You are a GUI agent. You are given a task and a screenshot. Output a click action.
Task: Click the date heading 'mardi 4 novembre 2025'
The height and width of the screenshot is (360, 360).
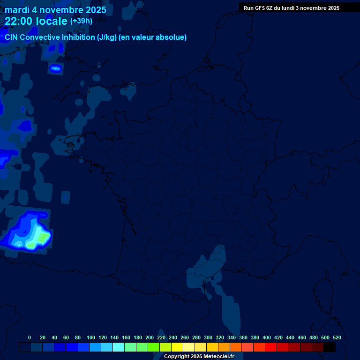(x=55, y=10)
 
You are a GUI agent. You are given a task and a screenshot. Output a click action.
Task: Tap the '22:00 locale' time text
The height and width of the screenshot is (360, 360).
(x=36, y=21)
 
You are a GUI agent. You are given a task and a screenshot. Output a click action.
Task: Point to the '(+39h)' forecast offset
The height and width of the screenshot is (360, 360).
(x=81, y=21)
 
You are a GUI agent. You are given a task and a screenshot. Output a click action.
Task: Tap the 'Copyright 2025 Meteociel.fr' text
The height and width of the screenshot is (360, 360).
(x=199, y=357)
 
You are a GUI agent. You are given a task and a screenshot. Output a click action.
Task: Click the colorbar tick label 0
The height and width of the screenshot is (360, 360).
(x=30, y=337)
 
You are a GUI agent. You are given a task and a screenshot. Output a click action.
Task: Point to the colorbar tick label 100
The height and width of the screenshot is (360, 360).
(x=91, y=337)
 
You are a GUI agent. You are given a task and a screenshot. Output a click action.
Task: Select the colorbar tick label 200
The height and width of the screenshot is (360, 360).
(x=150, y=337)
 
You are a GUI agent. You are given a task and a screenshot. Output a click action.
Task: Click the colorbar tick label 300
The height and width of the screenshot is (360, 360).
(x=208, y=337)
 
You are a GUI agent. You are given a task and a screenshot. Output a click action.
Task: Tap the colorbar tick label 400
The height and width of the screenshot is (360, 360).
(x=267, y=337)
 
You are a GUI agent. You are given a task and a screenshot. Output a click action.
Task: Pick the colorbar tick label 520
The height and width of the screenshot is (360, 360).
(x=337, y=337)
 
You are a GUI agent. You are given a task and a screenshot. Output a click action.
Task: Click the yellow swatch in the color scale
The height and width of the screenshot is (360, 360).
(x=177, y=347)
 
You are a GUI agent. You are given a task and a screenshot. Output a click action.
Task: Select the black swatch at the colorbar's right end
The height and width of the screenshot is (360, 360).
(x=330, y=347)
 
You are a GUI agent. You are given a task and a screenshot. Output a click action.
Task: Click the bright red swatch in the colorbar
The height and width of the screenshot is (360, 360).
(x=271, y=347)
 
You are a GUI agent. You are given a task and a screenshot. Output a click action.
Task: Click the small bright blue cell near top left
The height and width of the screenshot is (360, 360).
(x=56, y=68)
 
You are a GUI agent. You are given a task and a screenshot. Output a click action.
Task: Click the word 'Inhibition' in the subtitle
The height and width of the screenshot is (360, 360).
(x=78, y=37)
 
